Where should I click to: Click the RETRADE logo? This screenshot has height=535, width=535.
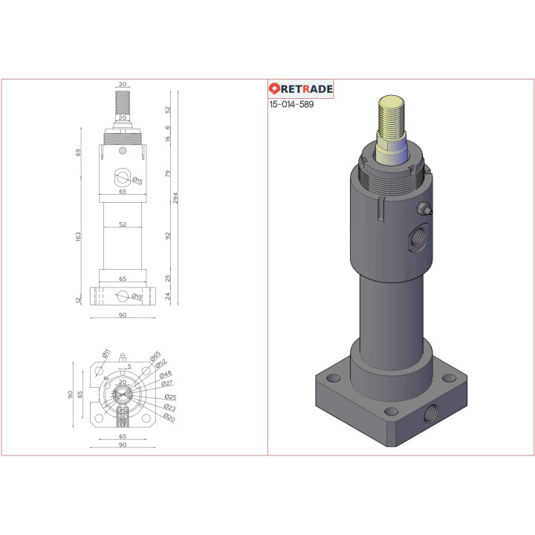(301, 89)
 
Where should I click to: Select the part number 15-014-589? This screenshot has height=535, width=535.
(291, 105)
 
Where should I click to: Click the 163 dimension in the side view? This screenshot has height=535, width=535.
(78, 236)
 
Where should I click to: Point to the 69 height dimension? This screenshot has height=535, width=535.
(78, 152)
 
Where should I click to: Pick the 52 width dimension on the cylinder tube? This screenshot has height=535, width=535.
(123, 224)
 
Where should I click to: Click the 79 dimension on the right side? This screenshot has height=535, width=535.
(168, 174)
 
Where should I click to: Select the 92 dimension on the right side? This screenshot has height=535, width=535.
(168, 236)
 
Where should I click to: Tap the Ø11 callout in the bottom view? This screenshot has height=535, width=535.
(106, 351)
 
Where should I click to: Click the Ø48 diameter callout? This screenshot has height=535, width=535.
(166, 374)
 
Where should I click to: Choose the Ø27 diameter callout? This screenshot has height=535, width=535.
(167, 383)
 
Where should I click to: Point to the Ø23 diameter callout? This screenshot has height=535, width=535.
(169, 407)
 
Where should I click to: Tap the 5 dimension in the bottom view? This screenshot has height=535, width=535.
(129, 366)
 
